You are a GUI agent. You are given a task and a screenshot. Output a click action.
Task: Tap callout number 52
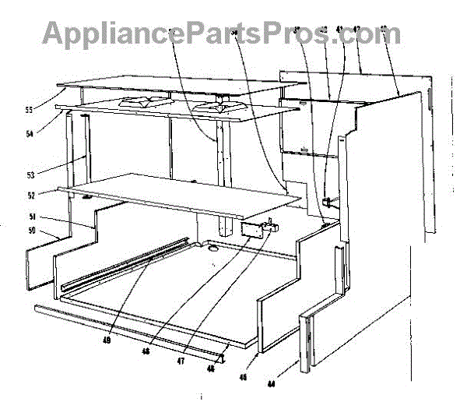pos(54,195)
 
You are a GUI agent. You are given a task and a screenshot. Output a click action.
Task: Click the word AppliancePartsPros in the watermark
pos(179,33)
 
